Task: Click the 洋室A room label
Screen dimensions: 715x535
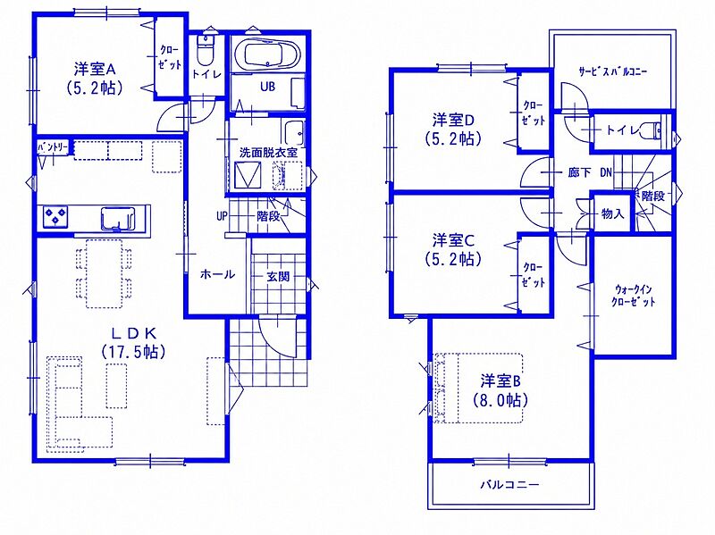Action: point(95,70)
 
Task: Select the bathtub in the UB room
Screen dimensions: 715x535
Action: point(272,54)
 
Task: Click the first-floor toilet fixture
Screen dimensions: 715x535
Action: point(205,50)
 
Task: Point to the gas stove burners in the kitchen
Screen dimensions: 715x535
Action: point(55,216)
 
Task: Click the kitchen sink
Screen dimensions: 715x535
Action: point(118,219)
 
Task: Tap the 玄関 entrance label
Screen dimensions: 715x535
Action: point(278,277)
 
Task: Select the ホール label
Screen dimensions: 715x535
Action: point(217,274)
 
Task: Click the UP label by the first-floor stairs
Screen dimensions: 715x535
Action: point(222,216)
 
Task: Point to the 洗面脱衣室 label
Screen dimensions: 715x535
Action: point(268,153)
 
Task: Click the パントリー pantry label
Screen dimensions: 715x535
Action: point(53,147)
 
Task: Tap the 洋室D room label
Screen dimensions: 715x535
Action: point(454,121)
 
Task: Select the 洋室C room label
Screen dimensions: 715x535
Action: point(454,240)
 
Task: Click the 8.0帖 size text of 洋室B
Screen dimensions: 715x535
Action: point(500,400)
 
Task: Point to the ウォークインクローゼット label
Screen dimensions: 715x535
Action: point(633,296)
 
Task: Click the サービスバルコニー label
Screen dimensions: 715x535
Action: point(612,71)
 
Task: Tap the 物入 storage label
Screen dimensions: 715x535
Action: point(612,213)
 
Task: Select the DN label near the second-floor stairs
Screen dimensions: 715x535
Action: point(606,172)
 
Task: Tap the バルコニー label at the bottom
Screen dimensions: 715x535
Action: point(509,484)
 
